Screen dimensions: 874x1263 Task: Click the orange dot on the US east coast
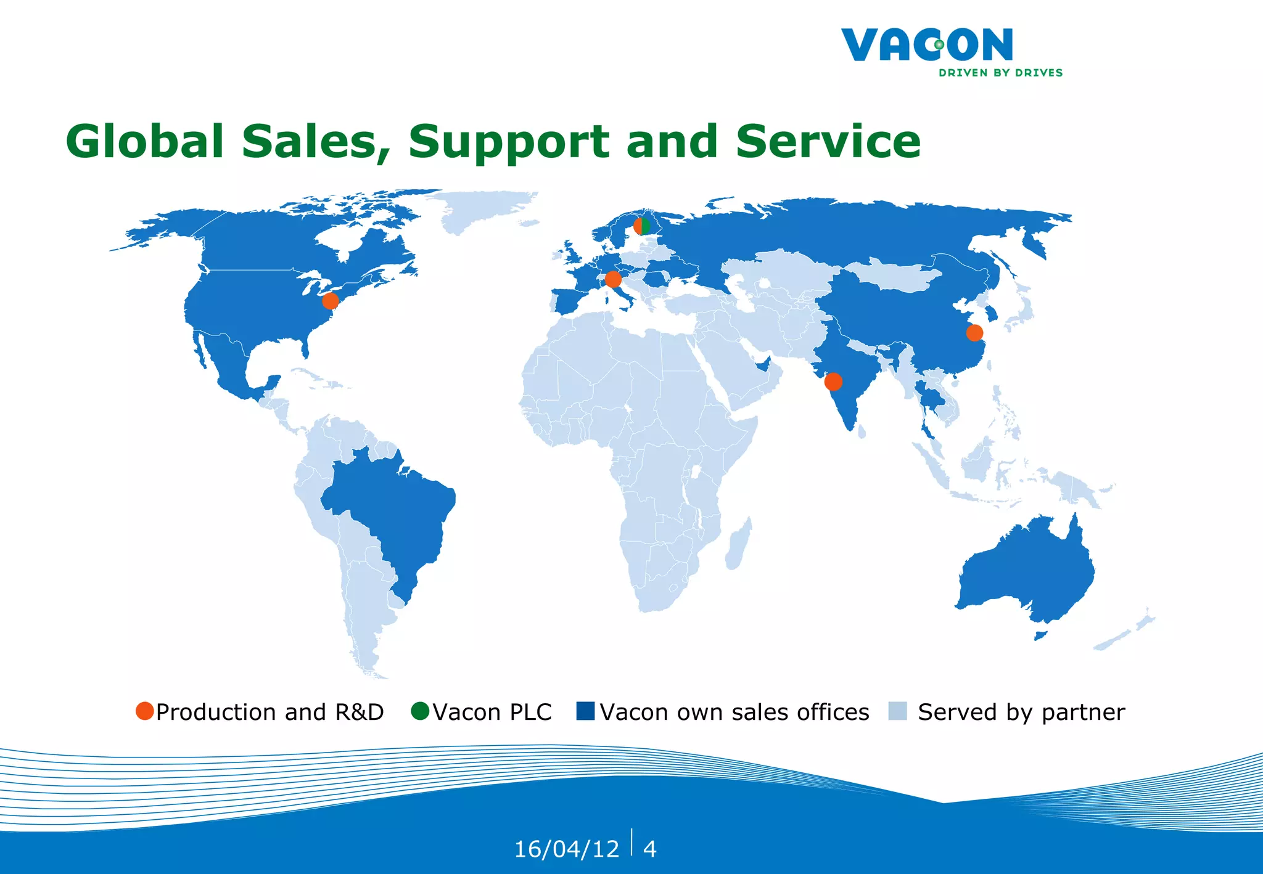(x=331, y=301)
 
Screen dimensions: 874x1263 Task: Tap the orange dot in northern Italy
(x=613, y=279)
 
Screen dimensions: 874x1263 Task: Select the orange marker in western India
(x=833, y=382)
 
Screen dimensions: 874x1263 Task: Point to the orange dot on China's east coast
(x=974, y=333)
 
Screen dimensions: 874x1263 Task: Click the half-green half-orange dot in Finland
(x=642, y=226)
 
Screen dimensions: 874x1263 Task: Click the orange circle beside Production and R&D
(x=144, y=711)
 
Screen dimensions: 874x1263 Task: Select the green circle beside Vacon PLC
(x=420, y=711)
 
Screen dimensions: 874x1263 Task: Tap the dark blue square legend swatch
(x=585, y=711)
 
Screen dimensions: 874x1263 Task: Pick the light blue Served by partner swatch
(x=897, y=711)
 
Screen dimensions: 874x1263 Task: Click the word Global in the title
(x=145, y=142)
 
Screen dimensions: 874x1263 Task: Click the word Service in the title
(x=828, y=142)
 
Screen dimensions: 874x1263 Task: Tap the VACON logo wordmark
(x=927, y=45)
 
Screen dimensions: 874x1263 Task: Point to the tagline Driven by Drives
(x=1000, y=73)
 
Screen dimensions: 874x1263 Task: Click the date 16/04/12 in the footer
(x=566, y=849)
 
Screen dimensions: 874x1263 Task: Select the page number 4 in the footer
(x=649, y=849)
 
